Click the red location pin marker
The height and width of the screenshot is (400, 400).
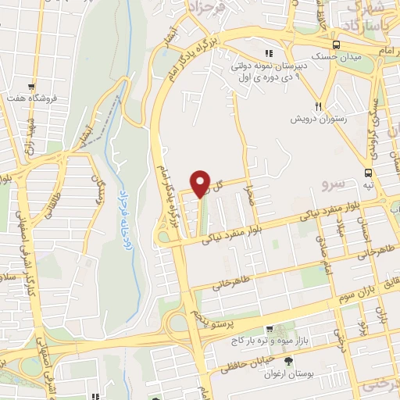(201, 183)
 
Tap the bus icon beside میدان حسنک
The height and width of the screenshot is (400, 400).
(335, 45)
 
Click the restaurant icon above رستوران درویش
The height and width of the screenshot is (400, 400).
(317, 105)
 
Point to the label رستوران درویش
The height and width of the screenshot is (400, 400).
(319, 119)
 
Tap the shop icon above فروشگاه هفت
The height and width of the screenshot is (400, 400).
(32, 87)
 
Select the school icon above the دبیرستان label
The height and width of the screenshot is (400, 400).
(269, 54)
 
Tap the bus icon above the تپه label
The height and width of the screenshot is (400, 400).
(367, 173)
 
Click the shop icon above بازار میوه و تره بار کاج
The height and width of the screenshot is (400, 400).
(269, 330)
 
